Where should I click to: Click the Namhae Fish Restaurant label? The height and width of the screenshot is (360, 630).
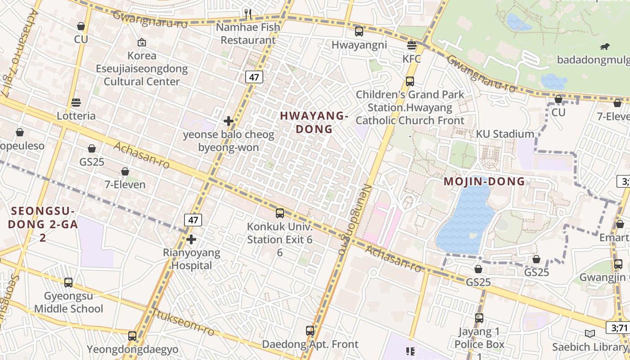point(248,34)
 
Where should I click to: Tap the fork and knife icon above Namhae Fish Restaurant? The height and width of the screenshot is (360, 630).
point(248,13)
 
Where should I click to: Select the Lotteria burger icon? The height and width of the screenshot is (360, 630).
point(76,103)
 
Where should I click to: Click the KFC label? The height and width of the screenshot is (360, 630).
point(411,59)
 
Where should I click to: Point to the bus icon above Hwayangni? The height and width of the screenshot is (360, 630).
point(359,31)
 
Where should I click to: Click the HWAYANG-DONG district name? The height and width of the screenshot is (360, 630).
point(314,122)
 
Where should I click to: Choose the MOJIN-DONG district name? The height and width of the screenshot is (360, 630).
point(484,182)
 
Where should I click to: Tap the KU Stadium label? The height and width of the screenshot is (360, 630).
point(505,134)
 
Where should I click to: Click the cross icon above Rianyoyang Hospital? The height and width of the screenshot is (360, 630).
point(191,239)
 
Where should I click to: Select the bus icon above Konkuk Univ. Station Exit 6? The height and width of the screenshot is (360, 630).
point(280,213)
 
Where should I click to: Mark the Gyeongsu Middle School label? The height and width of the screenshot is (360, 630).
point(68,302)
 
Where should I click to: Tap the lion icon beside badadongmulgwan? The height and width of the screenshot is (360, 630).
point(605,47)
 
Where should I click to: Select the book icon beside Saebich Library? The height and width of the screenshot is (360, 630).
point(589,333)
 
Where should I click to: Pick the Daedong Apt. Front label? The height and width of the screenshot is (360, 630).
point(310,344)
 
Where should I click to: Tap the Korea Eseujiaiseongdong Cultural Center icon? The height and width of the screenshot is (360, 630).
point(142,42)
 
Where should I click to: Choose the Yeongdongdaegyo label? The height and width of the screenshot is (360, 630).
point(132,349)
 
